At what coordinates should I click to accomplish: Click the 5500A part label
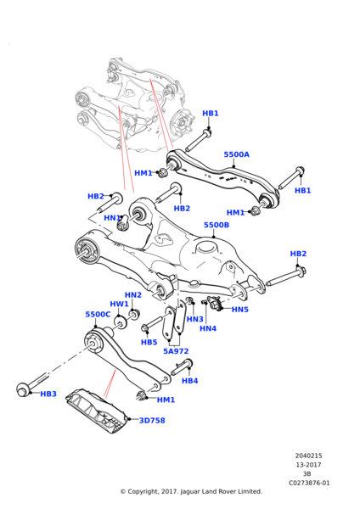pos(237,154)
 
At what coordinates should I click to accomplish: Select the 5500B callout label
pos(217,225)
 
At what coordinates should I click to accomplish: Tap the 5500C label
pos(98,315)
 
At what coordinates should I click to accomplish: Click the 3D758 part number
pos(152,421)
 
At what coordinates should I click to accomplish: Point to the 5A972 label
pos(176,351)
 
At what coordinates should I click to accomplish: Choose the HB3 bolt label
pos(48,394)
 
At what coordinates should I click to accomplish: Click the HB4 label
pos(189,381)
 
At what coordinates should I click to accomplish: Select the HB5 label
pos(149,342)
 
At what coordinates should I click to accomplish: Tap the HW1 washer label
pos(119,305)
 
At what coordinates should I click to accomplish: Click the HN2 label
pos(133,295)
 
